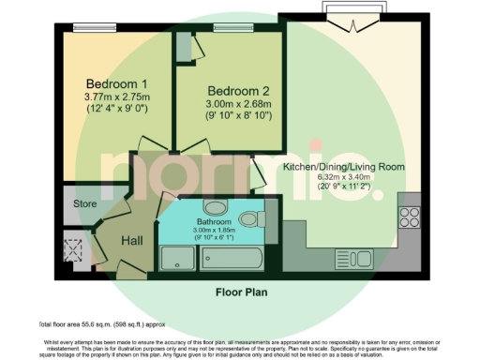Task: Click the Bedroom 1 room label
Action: (117, 83)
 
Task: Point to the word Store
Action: (86, 202)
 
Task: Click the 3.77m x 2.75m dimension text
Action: (117, 97)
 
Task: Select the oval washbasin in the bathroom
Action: (215, 205)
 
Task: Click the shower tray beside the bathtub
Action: (175, 258)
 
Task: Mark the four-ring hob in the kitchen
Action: (410, 217)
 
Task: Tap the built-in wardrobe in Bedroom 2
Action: (183, 48)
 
